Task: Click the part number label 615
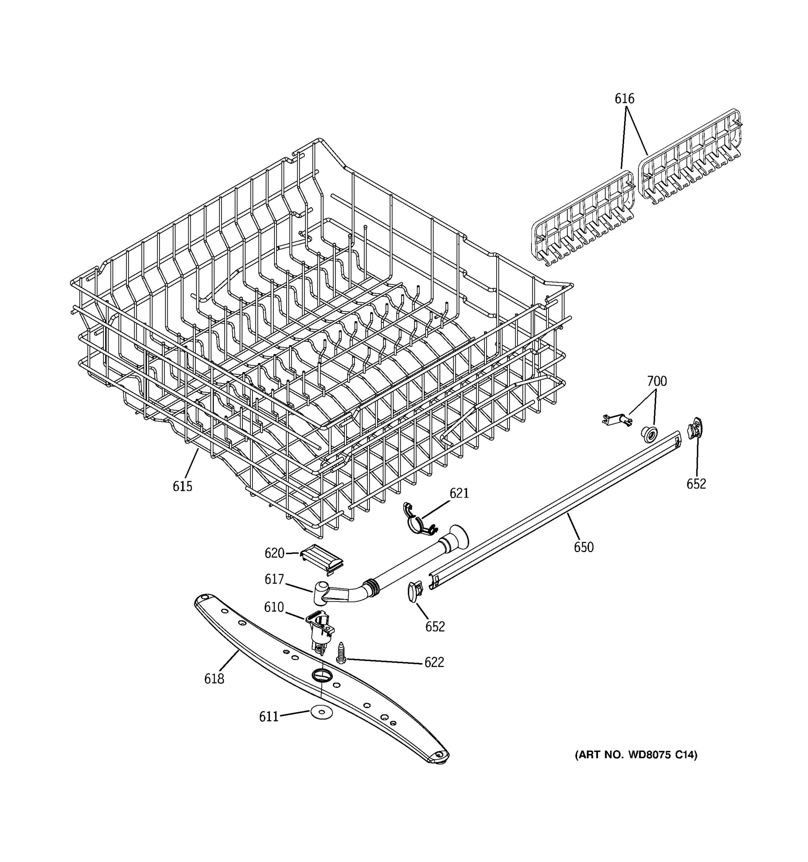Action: (182, 487)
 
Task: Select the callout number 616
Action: (624, 99)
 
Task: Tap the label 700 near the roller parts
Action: (657, 381)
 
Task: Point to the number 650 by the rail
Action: (584, 547)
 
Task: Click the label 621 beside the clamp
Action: (459, 493)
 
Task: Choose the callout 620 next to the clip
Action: (274, 553)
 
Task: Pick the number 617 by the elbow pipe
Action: (274, 579)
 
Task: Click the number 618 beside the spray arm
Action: (214, 678)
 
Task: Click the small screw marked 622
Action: (341, 653)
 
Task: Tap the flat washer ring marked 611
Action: (319, 711)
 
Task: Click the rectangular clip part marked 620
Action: (323, 559)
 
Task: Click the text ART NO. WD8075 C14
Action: (636, 755)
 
